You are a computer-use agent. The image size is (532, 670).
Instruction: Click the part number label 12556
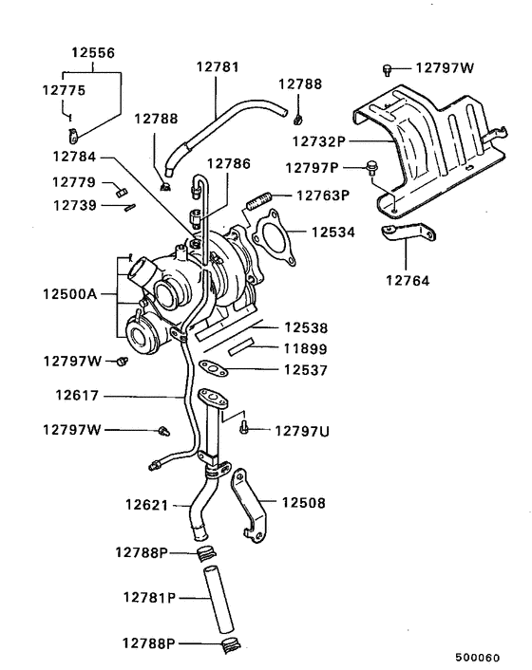[x=94, y=54]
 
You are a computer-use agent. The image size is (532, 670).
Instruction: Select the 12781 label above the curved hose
[x=218, y=67]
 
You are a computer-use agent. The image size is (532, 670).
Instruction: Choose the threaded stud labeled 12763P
[x=259, y=200]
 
